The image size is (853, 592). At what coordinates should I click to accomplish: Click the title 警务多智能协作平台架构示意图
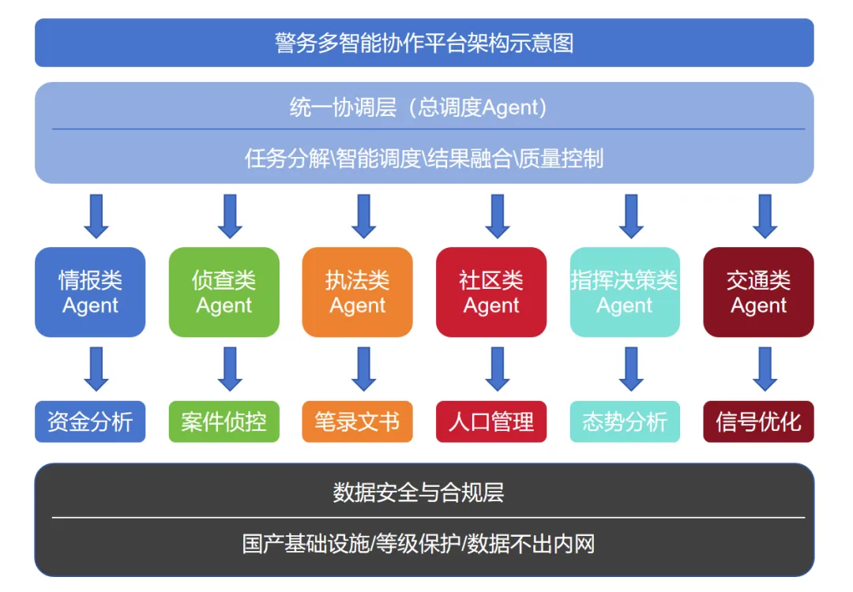click(x=424, y=43)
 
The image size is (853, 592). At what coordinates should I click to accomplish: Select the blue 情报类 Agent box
click(x=90, y=292)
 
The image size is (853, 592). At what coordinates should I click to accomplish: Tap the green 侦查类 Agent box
click(x=224, y=292)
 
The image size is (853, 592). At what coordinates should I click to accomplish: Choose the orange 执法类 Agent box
click(x=358, y=292)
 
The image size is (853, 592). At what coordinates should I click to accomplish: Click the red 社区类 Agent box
click(x=491, y=292)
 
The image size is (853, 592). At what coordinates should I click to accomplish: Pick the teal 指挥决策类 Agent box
click(x=625, y=292)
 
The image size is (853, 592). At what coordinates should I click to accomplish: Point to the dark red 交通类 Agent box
click(x=758, y=292)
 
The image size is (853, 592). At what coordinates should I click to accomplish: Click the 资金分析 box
click(x=90, y=422)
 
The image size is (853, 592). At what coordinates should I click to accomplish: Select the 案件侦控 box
click(x=224, y=422)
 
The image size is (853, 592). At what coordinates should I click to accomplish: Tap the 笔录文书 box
click(x=358, y=422)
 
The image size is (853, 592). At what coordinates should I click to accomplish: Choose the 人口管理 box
click(x=491, y=422)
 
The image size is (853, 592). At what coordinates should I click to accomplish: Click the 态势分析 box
click(x=625, y=422)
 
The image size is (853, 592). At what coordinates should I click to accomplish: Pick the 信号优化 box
click(x=758, y=422)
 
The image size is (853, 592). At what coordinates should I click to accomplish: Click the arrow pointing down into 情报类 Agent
click(x=96, y=215)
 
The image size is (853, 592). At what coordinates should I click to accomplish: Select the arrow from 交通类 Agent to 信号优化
click(x=765, y=369)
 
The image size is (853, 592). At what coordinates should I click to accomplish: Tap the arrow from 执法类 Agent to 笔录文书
click(x=363, y=369)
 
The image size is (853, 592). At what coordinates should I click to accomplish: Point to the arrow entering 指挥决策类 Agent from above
click(x=631, y=215)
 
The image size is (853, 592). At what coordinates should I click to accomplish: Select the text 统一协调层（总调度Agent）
click(x=419, y=107)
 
